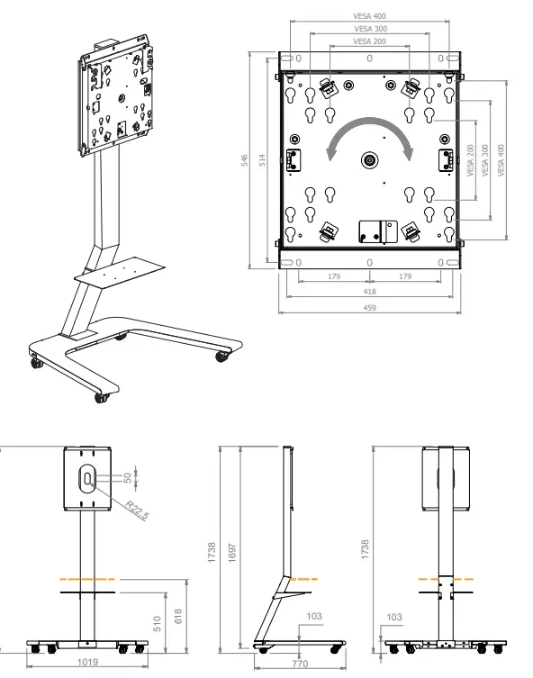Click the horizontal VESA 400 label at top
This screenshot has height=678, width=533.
(369, 14)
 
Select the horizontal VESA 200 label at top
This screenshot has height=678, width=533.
(369, 41)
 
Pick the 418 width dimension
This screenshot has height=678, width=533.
(369, 292)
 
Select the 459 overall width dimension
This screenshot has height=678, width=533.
(369, 307)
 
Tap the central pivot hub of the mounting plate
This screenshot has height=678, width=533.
(370, 160)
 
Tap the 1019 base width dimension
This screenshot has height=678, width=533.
(87, 662)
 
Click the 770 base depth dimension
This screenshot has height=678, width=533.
(300, 664)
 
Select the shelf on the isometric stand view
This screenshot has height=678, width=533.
(122, 272)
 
